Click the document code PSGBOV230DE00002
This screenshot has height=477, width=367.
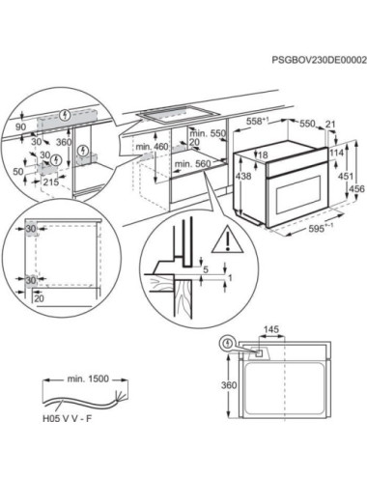click(x=319, y=60)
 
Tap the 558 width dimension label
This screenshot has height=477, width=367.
click(x=257, y=122)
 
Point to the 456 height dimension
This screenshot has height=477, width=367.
click(x=358, y=188)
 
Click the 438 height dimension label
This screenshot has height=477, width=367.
click(x=243, y=176)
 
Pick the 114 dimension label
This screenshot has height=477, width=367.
click(x=337, y=154)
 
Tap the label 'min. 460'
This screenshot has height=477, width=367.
click(x=152, y=147)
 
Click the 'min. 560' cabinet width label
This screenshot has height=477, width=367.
click(x=192, y=164)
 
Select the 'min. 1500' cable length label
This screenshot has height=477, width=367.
click(x=88, y=379)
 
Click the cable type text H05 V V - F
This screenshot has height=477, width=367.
click(x=67, y=419)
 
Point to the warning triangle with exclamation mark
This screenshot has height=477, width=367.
click(x=227, y=239)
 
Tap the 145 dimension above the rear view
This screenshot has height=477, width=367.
click(x=271, y=329)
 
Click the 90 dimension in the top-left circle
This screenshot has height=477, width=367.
click(x=21, y=126)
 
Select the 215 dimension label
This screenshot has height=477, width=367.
click(x=51, y=182)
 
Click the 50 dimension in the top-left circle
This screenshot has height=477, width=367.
click(x=18, y=171)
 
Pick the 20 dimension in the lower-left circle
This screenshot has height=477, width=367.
click(x=39, y=298)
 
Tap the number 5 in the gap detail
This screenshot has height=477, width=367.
click(x=205, y=269)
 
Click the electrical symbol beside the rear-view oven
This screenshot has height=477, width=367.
click(x=228, y=344)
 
